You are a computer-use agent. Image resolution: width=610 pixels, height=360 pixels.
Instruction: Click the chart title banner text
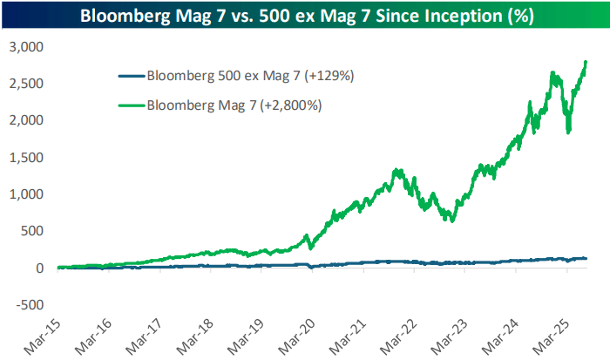(x=305, y=17)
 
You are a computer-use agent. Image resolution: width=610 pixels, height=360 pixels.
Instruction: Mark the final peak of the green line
(x=586, y=62)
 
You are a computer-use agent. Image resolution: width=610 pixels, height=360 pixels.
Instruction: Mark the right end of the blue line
(x=586, y=258)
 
